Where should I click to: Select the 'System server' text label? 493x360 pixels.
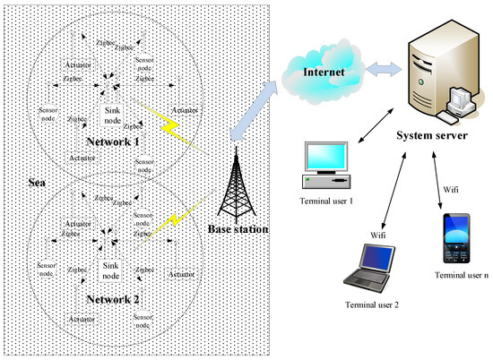coord(434,135)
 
